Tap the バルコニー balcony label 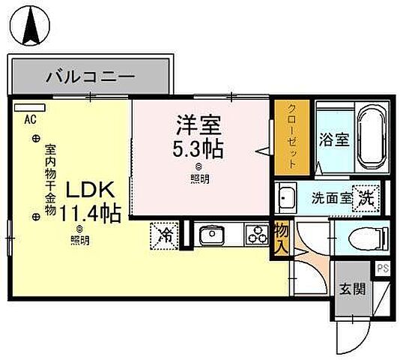point(89,76)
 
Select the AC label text point(30,118)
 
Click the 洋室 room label point(198,124)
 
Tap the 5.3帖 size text point(198,148)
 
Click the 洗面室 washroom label point(330,199)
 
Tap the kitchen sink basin point(210,235)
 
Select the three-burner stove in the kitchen point(255,235)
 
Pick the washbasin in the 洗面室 point(288,199)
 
